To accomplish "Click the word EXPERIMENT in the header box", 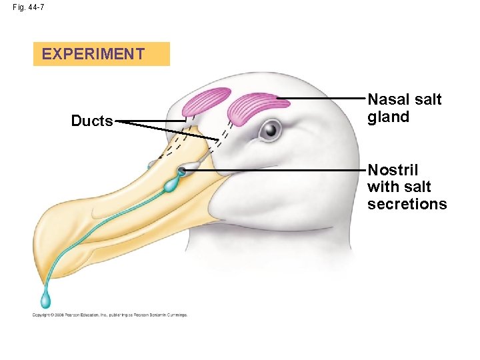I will point(93,54).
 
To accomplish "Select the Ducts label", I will point(92,121).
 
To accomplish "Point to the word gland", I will point(388,117).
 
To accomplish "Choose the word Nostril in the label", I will point(393,170).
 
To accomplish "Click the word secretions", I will point(407,205).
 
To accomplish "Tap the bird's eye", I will point(270,129).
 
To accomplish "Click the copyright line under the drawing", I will point(110,315).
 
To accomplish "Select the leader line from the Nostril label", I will point(280,170).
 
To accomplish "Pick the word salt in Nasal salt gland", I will point(427,100).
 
